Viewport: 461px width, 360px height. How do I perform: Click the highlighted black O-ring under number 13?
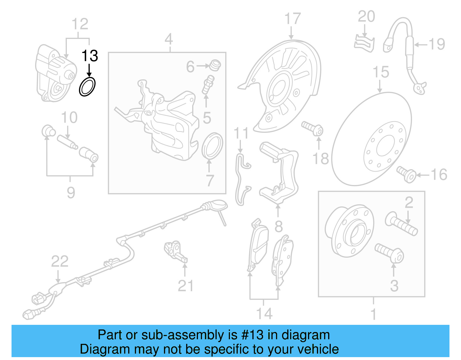87,86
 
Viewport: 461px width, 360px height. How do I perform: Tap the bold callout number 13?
90,56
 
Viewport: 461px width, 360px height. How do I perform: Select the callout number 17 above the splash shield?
292,19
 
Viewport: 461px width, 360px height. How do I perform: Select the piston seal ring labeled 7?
212,146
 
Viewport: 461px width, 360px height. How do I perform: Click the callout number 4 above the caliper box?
169,39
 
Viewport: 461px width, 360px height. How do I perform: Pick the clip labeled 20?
364,44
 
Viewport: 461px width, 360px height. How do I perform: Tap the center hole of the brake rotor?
385,146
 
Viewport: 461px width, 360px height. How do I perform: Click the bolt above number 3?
390,252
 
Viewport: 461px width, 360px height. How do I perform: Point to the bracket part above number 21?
175,250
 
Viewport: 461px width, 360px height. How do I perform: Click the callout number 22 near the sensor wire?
60,261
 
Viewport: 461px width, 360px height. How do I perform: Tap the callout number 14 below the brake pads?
264,314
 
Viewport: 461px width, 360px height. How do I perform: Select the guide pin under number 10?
67,142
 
